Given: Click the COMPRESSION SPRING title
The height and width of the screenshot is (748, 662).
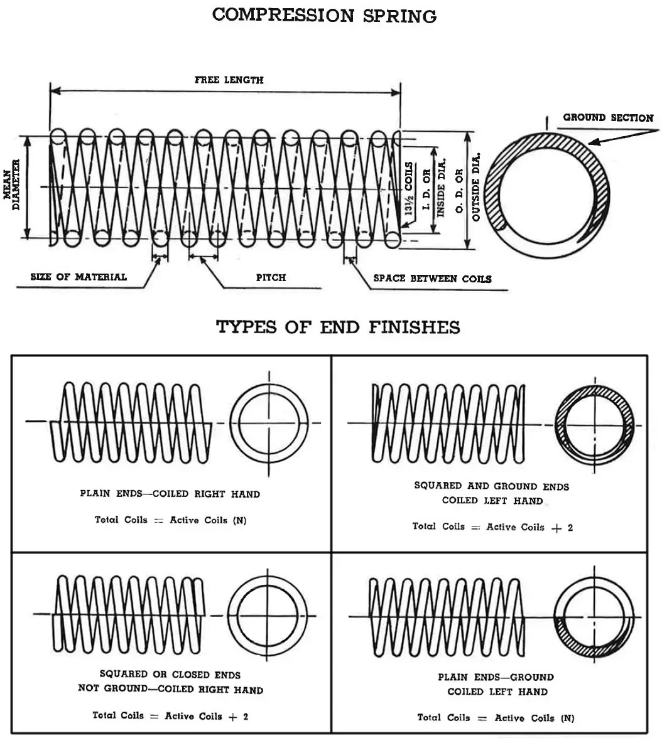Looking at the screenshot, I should click(x=324, y=15).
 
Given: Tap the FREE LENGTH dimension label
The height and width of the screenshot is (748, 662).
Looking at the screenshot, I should click(x=229, y=80).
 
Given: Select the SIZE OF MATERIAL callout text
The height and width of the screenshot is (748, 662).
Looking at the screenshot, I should click(x=79, y=277).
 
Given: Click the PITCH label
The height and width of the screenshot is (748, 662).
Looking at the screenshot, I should click(x=271, y=277).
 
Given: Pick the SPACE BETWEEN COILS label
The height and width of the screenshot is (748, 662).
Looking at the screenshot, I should click(x=432, y=279).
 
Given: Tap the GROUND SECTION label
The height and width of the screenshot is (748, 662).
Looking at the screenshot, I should click(x=607, y=117).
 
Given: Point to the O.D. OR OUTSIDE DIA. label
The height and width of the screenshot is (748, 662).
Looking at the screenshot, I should click(x=467, y=186).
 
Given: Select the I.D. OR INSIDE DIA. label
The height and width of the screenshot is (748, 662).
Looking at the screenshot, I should click(x=435, y=186).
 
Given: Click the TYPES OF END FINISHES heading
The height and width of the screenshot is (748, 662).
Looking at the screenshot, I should click(x=338, y=327).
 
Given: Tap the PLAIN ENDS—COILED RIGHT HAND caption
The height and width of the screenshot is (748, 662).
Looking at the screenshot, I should click(x=170, y=494).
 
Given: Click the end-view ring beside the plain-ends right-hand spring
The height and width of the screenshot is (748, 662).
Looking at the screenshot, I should click(x=269, y=422).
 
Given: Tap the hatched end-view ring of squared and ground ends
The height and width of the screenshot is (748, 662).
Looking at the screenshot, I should click(x=595, y=425).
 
